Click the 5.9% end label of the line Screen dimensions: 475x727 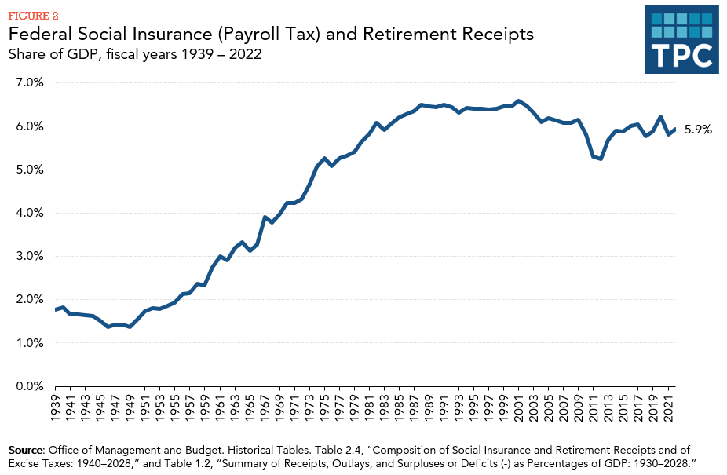tap(698, 130)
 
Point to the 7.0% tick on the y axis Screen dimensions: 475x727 tap(27, 82)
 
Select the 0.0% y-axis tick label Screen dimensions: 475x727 tap(27, 386)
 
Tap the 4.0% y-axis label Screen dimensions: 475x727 tap(27, 213)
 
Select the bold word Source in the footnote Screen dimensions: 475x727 tap(26, 450)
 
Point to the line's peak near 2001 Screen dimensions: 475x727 tap(519, 100)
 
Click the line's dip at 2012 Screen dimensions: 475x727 tap(601, 159)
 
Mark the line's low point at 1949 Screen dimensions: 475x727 tap(130, 327)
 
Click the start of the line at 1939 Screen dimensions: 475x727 tap(56, 310)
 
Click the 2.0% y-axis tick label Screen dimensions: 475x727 tap(27, 299)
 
